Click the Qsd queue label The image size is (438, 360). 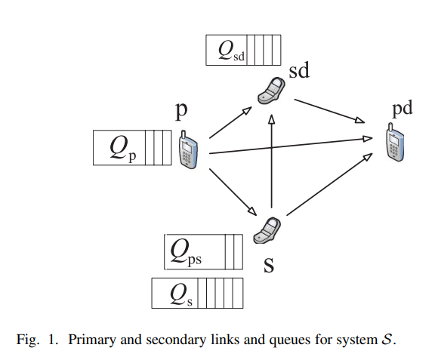tap(231, 51)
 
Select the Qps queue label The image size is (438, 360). tap(186, 252)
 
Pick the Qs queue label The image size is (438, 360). tap(181, 295)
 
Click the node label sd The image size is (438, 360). tap(299, 70)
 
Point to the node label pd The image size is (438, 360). tap(403, 109)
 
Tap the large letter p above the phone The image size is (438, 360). tap(181, 111)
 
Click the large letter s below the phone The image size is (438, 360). tap(269, 265)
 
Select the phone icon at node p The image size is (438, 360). tap(188, 149)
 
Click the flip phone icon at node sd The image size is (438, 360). tap(271, 91)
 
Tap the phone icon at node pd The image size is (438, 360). tap(395, 142)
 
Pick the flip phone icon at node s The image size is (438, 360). tap(267, 230)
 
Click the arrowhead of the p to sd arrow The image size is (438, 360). tap(247, 110)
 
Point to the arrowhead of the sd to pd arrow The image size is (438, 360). tap(359, 120)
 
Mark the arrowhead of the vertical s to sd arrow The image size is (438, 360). tap(271, 119)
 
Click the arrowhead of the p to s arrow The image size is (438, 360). tap(252, 211)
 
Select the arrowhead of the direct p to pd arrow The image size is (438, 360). tap(367, 138)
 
